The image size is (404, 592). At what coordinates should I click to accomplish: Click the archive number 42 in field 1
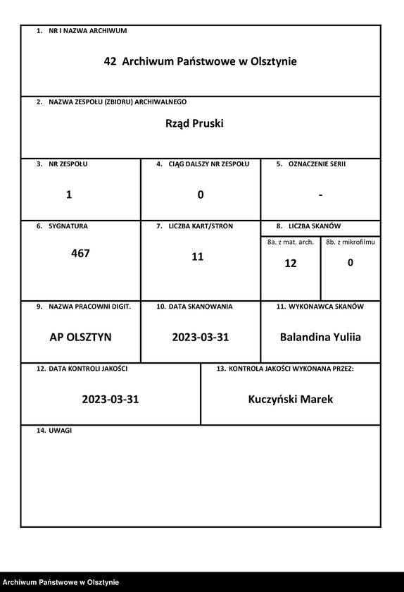click(x=110, y=62)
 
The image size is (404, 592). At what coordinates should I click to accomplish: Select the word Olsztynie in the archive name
click(x=273, y=62)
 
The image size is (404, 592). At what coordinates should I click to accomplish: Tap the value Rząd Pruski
click(x=194, y=123)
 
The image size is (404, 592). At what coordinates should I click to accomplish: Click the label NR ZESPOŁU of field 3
click(x=68, y=164)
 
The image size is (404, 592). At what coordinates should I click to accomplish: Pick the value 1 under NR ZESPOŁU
click(x=69, y=195)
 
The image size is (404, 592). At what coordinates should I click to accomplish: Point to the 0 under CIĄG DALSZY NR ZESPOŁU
click(x=201, y=195)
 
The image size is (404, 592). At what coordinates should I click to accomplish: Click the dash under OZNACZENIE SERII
click(x=320, y=195)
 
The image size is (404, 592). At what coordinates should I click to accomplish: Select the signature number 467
click(x=81, y=253)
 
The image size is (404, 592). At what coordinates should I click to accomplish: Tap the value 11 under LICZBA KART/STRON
click(x=198, y=257)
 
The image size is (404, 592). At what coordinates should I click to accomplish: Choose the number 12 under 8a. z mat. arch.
click(x=291, y=264)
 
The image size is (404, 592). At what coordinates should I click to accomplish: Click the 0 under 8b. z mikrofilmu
click(x=351, y=263)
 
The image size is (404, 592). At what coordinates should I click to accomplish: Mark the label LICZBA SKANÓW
click(x=315, y=226)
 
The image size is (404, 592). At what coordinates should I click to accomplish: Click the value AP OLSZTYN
click(x=80, y=338)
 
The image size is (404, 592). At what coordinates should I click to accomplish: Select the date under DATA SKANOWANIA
click(x=201, y=338)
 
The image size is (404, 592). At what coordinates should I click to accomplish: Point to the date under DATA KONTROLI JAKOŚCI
click(x=111, y=400)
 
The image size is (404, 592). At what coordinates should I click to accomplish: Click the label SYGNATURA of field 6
click(x=68, y=226)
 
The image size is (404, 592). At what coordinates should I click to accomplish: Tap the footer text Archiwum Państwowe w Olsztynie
click(x=60, y=582)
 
